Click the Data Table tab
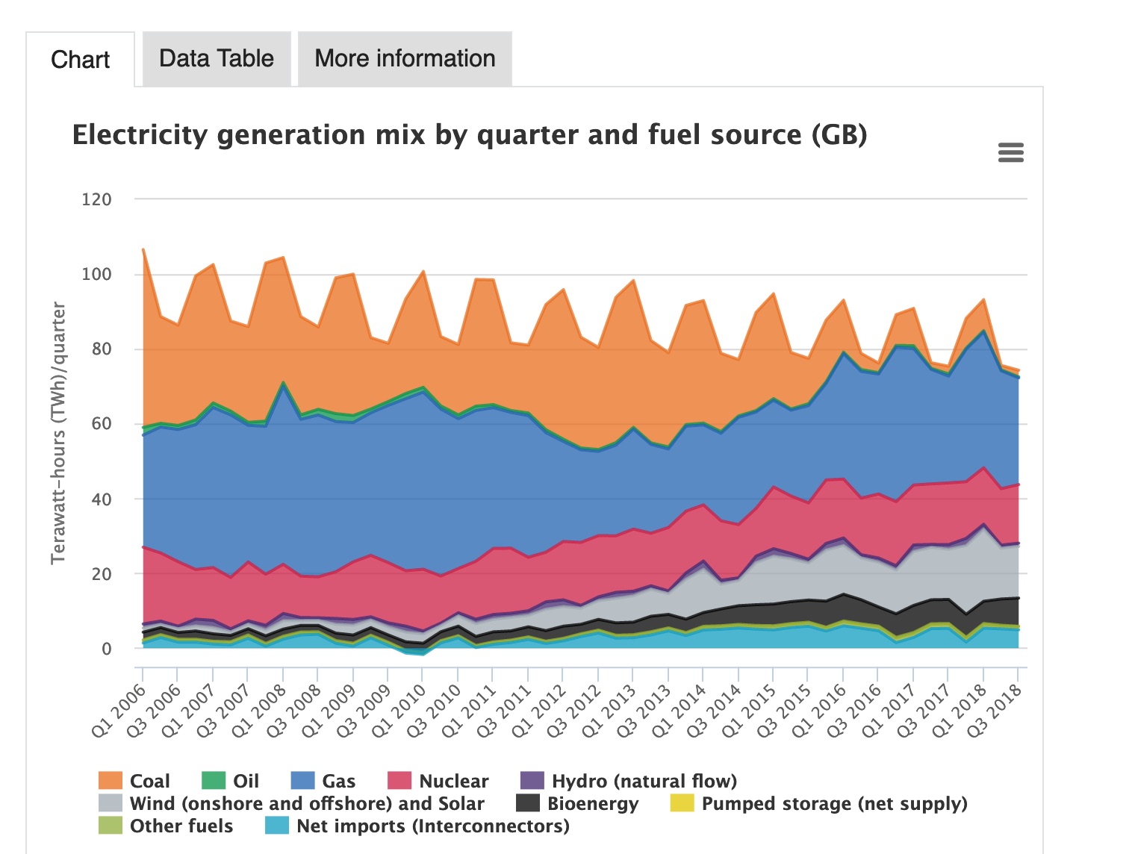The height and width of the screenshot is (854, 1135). point(217,58)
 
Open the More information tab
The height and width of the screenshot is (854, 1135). point(405,58)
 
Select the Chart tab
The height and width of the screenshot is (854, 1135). point(80,60)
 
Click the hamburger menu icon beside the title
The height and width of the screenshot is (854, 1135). point(1010,153)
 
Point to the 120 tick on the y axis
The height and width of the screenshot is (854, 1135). point(96,200)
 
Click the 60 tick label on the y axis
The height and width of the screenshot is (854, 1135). point(96,424)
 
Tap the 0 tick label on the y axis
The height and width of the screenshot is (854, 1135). point(106,649)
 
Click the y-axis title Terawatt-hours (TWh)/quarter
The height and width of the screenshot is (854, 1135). point(58,433)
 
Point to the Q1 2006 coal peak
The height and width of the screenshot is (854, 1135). point(143,249)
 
